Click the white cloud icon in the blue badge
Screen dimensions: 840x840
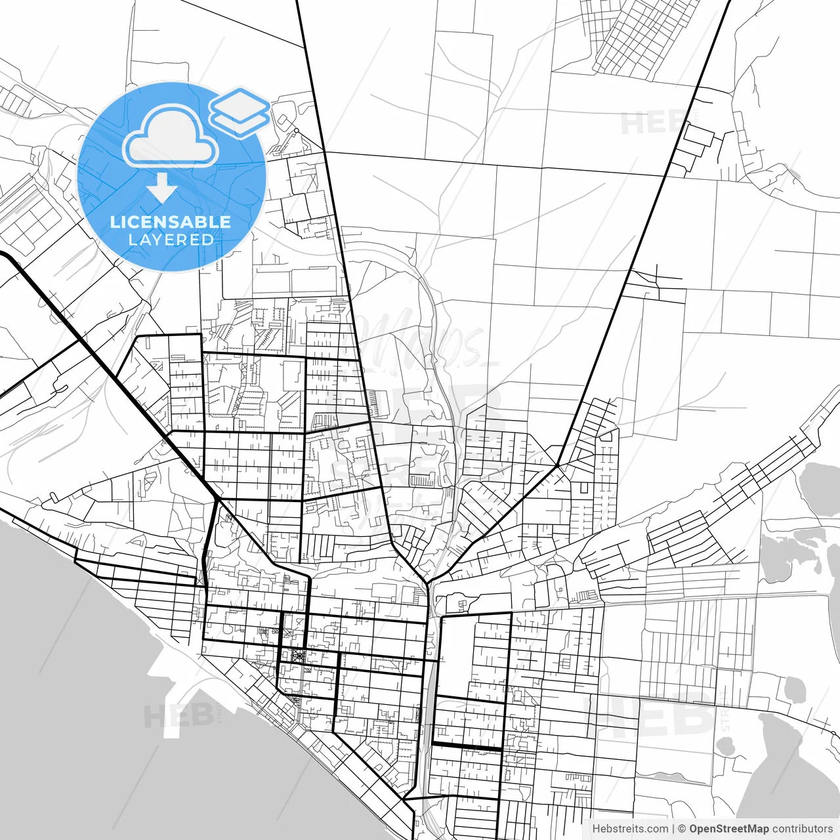tap(171, 136)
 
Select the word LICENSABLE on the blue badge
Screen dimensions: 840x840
tap(171, 222)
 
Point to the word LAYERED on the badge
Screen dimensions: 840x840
tap(171, 240)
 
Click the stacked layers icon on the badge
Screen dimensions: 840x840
tap(240, 112)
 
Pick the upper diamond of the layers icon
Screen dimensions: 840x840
tap(240, 104)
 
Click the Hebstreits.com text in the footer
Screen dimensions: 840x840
tap(630, 829)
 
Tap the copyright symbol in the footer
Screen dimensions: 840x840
tap(682, 829)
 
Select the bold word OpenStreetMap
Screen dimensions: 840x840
tap(728, 829)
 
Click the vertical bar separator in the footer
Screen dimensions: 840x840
tap(673, 829)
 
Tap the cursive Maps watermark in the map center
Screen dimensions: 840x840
tap(420, 341)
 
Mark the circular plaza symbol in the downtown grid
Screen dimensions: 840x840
tap(299, 655)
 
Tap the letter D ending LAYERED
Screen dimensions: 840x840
tap(209, 240)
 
